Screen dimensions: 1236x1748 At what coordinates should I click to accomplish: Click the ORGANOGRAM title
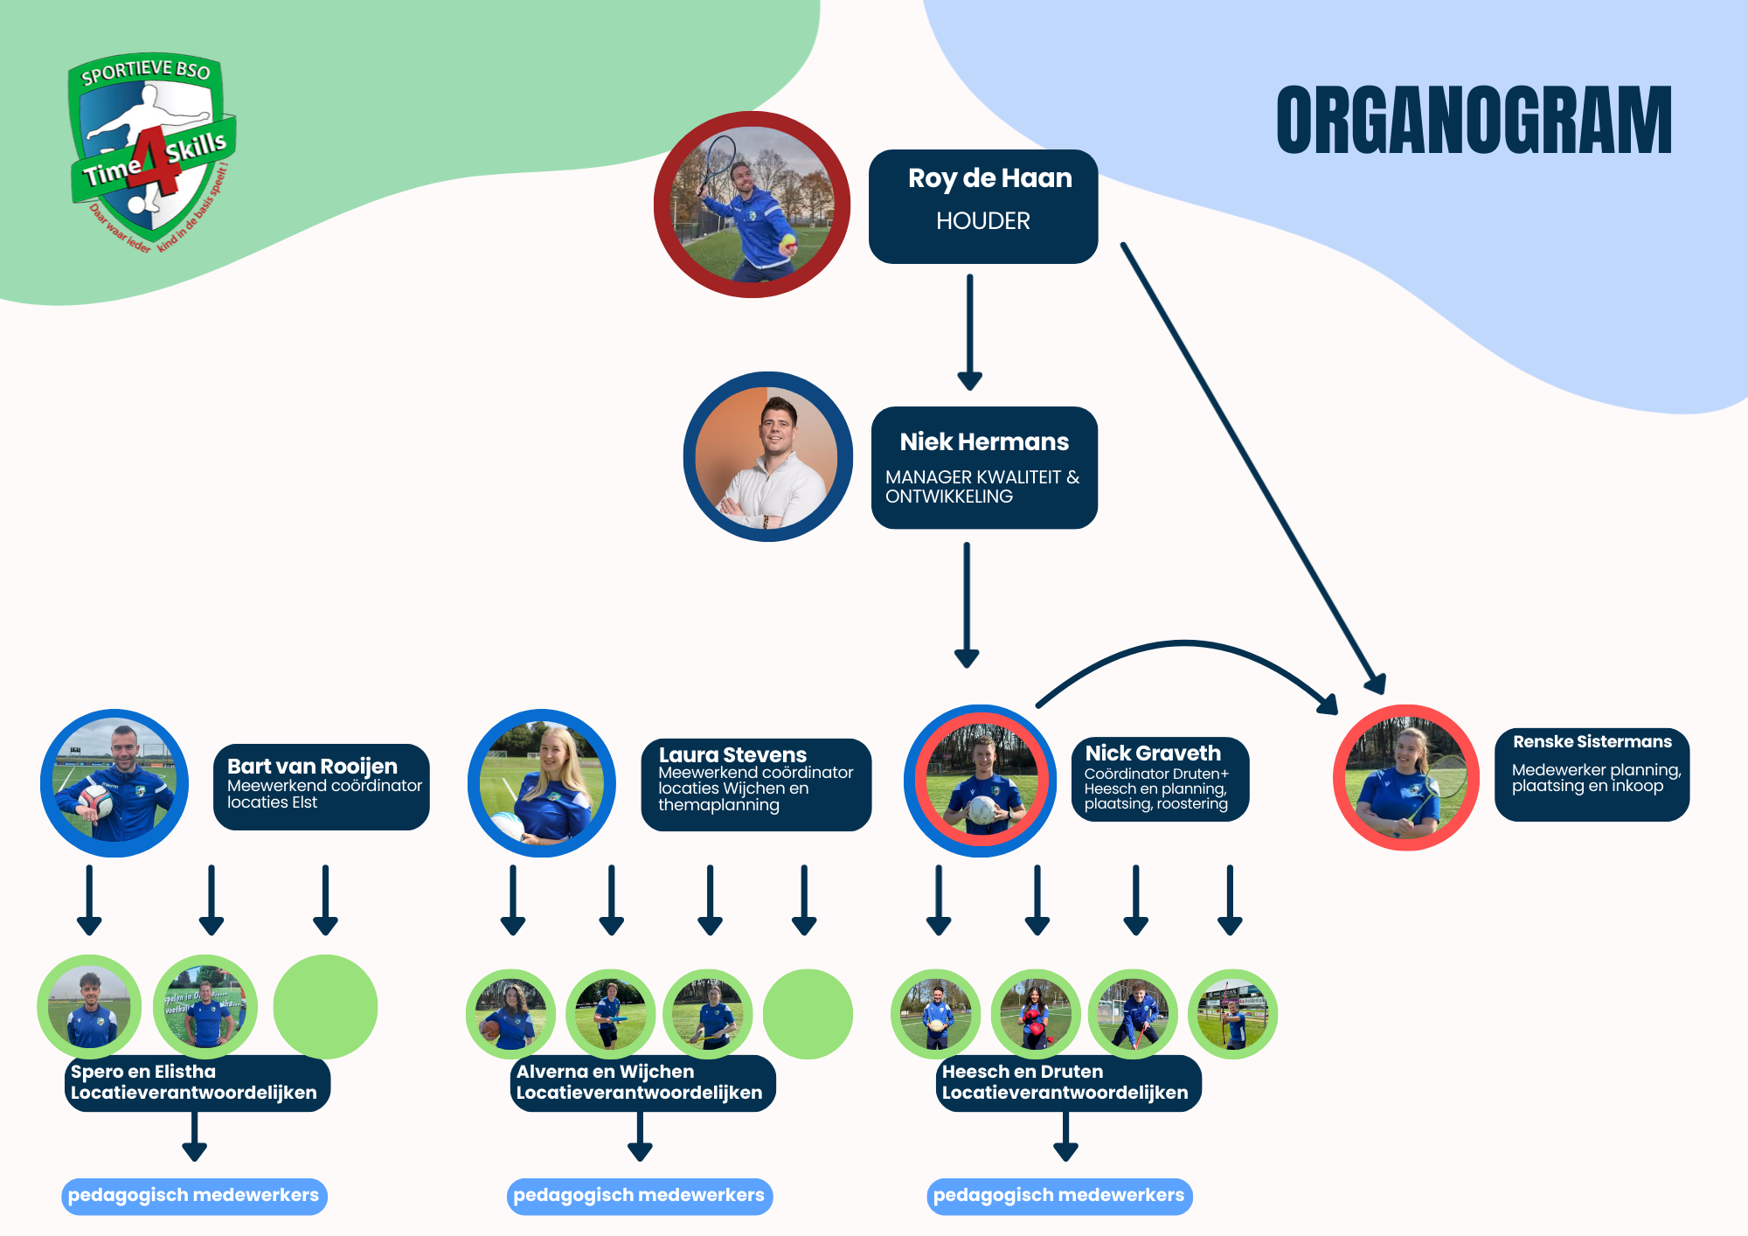click(x=1474, y=121)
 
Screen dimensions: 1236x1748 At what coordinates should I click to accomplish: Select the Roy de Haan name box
click(x=982, y=206)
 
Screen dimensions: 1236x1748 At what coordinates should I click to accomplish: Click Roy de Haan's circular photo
click(x=752, y=205)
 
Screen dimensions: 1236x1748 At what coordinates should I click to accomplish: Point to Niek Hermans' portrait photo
click(x=767, y=456)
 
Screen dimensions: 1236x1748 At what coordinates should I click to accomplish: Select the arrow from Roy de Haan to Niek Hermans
click(x=969, y=332)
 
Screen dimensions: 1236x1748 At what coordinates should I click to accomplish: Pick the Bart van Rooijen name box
click(x=321, y=786)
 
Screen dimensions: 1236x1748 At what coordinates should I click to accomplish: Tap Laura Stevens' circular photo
click(x=542, y=783)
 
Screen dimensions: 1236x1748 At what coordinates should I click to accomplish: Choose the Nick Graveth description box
click(x=1159, y=779)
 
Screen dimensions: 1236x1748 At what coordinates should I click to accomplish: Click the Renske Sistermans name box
click(x=1592, y=774)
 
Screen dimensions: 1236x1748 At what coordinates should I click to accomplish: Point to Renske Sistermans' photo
click(x=1405, y=777)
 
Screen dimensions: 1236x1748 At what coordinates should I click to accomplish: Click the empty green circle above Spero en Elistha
click(x=325, y=1006)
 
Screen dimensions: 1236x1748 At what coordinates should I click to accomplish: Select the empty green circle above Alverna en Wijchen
click(x=808, y=1014)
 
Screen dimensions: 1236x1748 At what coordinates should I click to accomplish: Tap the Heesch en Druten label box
click(x=1067, y=1082)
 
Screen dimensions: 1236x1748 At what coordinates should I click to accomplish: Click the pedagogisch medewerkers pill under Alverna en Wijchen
click(x=639, y=1196)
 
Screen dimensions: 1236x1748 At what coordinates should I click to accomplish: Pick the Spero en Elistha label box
click(x=197, y=1082)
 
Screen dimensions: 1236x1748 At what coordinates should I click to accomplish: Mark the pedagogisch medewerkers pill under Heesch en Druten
click(x=1058, y=1196)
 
